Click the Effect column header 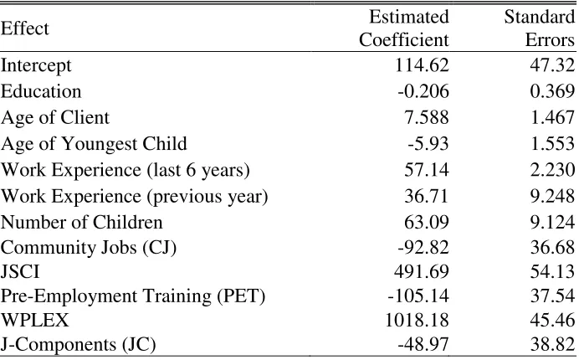coord(25,28)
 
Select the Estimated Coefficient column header coord(404,28)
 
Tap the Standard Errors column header coord(540,28)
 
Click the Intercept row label coord(36,66)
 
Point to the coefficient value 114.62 coord(422,65)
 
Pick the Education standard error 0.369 coord(552,91)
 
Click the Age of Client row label coord(55,118)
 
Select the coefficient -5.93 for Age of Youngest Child coord(428,143)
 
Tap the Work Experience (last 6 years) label coord(126,170)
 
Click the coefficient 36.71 coord(427,196)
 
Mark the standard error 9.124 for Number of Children coord(552,222)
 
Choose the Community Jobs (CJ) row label coord(88,247)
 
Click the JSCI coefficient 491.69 coord(422,271)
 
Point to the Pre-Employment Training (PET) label coord(133,296)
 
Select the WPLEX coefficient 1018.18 coord(417,320)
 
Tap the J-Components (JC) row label coord(79,344)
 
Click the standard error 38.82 coord(552,344)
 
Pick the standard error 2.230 coord(552,170)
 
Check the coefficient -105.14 coord(418,296)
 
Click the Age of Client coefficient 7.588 coord(427,117)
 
